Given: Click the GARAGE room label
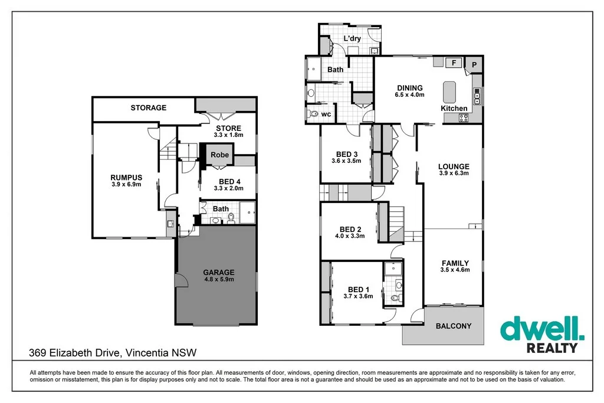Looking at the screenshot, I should tap(218, 273).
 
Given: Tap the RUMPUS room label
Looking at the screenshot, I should tap(126, 177).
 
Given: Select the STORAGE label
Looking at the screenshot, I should tap(149, 108).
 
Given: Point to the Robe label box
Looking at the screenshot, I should tap(220, 155).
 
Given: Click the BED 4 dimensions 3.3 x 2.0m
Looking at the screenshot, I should tap(228, 188).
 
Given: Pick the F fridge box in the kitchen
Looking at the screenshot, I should tap(454, 63).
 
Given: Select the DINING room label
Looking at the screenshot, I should tap(409, 88).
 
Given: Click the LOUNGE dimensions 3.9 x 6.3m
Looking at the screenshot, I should tap(454, 173).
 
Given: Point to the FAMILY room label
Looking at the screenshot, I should tap(455, 263).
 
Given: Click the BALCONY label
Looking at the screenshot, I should tap(453, 326).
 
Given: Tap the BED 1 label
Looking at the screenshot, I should tap(359, 289).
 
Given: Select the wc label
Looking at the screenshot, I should tap(326, 114).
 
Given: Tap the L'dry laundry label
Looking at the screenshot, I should tap(352, 39).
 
